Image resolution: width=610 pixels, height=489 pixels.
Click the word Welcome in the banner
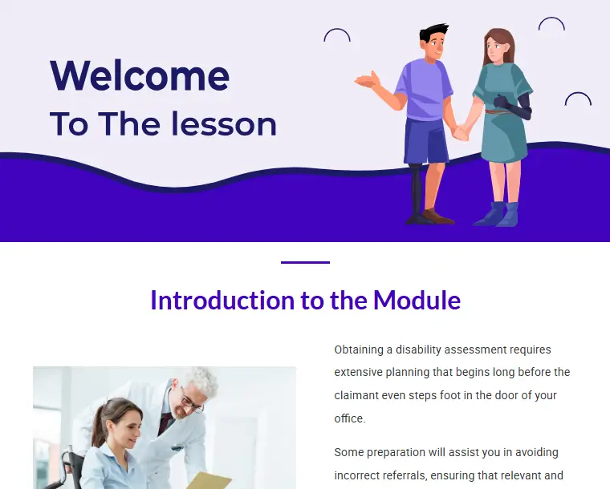click(140, 75)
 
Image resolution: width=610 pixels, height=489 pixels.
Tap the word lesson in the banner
click(224, 123)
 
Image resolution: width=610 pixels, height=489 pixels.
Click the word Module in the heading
click(417, 301)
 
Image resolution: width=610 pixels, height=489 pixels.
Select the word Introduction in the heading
click(222, 301)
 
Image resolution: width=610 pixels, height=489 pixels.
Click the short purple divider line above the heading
click(305, 263)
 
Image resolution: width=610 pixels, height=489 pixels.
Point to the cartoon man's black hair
click(433, 33)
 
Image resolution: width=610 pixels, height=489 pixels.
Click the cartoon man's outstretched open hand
click(368, 81)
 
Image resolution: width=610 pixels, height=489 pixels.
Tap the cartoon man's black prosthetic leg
click(417, 193)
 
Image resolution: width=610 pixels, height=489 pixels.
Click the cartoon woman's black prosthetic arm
click(518, 104)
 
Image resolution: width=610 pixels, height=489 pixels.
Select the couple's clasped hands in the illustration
click(461, 133)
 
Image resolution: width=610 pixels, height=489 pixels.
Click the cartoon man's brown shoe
click(438, 216)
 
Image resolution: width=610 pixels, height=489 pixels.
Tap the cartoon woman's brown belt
click(497, 112)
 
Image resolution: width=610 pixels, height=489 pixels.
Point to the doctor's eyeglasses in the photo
click(191, 402)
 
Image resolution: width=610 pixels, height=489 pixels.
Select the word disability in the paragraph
click(418, 350)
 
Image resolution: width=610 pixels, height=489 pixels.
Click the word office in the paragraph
click(350, 418)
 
